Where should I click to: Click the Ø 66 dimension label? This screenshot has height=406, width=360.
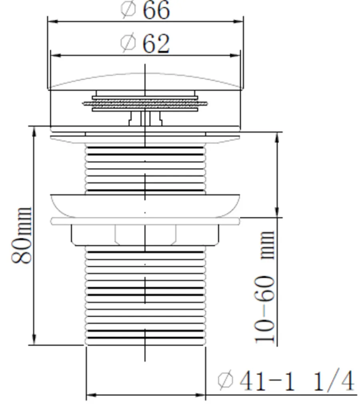[145, 10]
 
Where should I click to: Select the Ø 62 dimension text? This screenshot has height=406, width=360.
[145, 44]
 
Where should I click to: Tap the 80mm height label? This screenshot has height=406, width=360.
[22, 235]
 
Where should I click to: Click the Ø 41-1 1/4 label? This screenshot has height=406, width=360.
[286, 381]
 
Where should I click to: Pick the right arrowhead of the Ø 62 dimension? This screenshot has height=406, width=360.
[235, 55]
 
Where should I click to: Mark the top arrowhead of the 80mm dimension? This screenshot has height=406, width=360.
[34, 132]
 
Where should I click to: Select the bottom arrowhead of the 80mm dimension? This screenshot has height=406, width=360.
[34, 340]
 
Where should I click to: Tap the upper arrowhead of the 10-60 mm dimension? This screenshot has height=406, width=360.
[277, 137]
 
